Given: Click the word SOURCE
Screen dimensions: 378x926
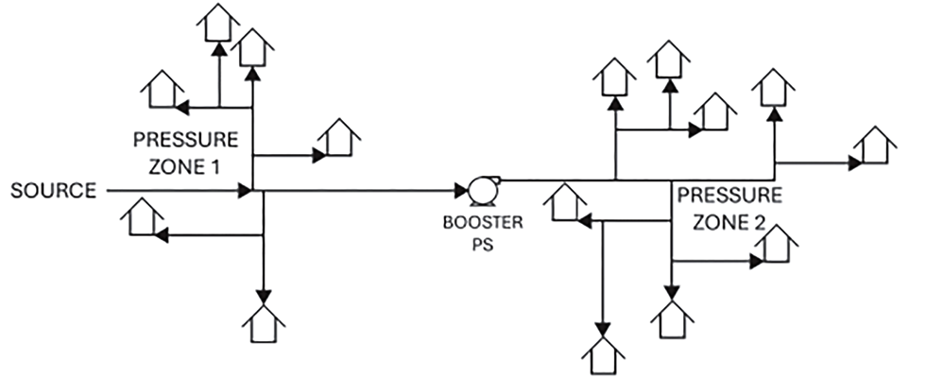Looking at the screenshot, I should click(x=52, y=192).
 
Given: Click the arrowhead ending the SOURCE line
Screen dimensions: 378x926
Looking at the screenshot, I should click(x=245, y=192).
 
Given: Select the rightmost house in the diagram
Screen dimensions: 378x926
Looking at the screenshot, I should click(x=874, y=149).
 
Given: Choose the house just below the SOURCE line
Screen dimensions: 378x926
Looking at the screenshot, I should click(x=142, y=219).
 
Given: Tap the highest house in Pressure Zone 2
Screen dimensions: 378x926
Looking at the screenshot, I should click(x=669, y=59).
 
